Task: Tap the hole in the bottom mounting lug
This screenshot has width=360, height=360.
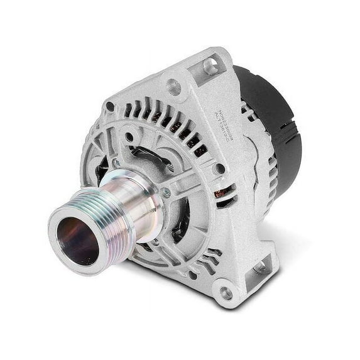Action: pyautogui.click(x=224, y=292)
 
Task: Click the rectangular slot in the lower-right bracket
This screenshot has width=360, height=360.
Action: pyautogui.click(x=259, y=267)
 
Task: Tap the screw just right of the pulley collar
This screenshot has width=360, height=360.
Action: pyautogui.click(x=166, y=194)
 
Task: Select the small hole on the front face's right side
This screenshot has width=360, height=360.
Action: pyautogui.click(x=219, y=168)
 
